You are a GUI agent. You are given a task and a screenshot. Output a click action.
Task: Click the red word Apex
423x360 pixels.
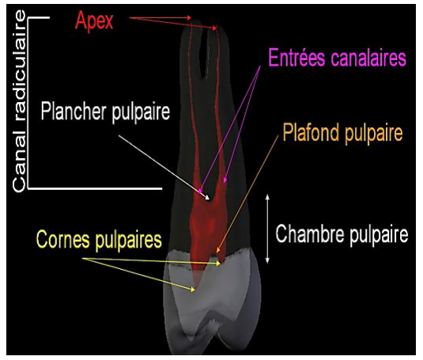[x=94, y=21]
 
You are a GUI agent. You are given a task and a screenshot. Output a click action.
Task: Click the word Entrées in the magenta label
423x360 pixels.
[x=296, y=58]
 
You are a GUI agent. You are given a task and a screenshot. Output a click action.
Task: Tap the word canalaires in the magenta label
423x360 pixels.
[x=368, y=58]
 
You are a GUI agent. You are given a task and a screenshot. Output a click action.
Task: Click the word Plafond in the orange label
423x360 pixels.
[x=312, y=132]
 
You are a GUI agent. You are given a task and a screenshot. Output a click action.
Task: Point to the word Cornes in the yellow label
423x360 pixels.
[x=63, y=239]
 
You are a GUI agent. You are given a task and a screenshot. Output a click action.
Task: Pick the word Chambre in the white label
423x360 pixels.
[x=310, y=233]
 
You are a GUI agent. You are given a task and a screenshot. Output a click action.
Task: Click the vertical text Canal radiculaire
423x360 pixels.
[x=20, y=101]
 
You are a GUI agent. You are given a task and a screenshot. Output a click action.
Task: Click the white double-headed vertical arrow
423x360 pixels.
[x=267, y=229]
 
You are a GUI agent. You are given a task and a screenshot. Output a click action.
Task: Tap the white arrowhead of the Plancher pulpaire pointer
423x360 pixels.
[x=207, y=198]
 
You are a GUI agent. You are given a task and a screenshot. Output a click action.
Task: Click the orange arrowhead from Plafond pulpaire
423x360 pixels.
[x=218, y=251]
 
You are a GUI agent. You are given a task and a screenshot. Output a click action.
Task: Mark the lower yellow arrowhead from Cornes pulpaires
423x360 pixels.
[x=193, y=290]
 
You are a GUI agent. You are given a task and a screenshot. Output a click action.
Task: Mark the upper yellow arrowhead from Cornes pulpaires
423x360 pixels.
[x=218, y=263]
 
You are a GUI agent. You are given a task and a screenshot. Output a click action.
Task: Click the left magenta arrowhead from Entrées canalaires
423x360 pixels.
[x=200, y=191]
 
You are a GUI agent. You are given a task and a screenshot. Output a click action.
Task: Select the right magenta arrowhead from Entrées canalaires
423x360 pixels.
[x=225, y=180]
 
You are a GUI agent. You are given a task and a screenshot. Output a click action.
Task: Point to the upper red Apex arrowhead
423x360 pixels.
[x=190, y=18]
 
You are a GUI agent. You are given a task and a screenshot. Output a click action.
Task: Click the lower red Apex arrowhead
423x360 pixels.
[x=215, y=28]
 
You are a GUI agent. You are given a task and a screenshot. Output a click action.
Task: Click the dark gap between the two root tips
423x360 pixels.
[x=206, y=57]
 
